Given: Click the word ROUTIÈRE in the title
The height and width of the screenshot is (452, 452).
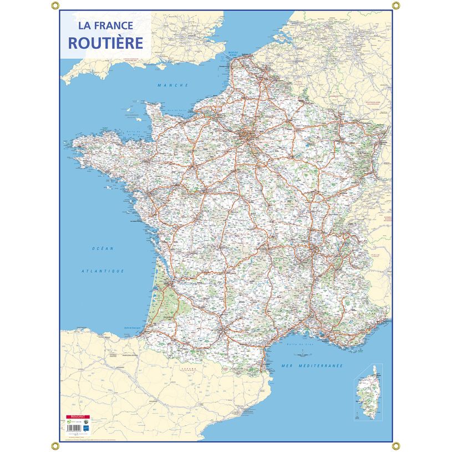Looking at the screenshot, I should click(105, 43).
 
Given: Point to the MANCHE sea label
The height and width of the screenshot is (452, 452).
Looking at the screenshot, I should click(173, 85).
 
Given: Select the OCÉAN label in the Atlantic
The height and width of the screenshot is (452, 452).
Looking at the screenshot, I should click(103, 248).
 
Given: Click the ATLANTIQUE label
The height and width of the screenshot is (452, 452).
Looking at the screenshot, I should click(102, 271).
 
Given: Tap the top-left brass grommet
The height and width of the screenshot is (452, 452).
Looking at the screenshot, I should click(54, 6).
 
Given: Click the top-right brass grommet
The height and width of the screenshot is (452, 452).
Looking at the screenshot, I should click(396, 6).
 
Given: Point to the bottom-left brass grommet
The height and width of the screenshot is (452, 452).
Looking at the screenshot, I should click(54, 445).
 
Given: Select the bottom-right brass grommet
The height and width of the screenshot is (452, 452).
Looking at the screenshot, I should click(396, 445).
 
